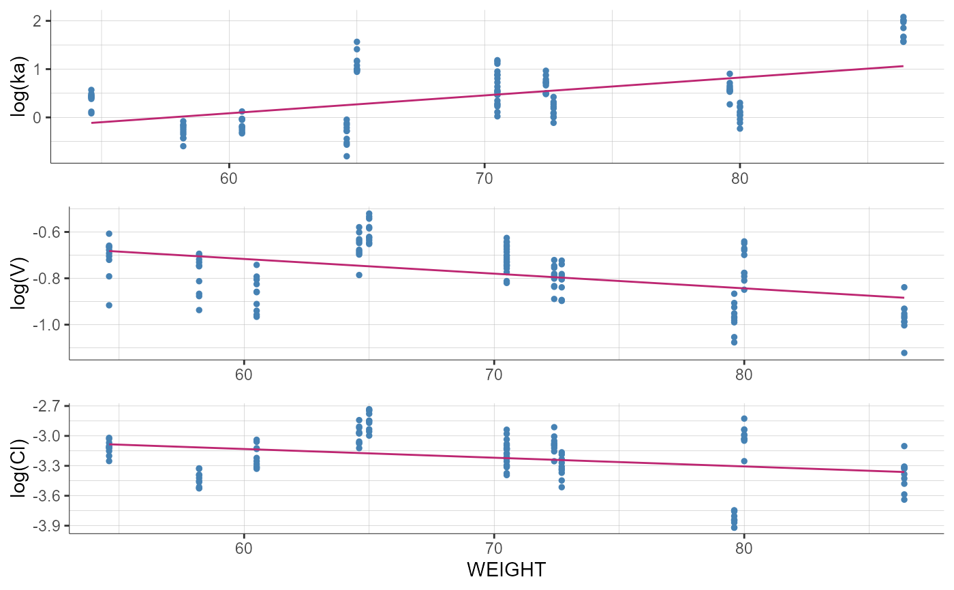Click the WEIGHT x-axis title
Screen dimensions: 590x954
(x=506, y=570)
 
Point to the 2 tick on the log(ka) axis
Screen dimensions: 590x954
(x=38, y=20)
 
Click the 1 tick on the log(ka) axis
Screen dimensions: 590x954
(x=38, y=69)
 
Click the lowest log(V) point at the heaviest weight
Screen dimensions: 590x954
(x=904, y=353)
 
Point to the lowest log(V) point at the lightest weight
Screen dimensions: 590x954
(x=109, y=305)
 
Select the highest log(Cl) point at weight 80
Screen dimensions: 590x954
(x=744, y=418)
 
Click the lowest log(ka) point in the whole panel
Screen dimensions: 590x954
(x=347, y=156)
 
